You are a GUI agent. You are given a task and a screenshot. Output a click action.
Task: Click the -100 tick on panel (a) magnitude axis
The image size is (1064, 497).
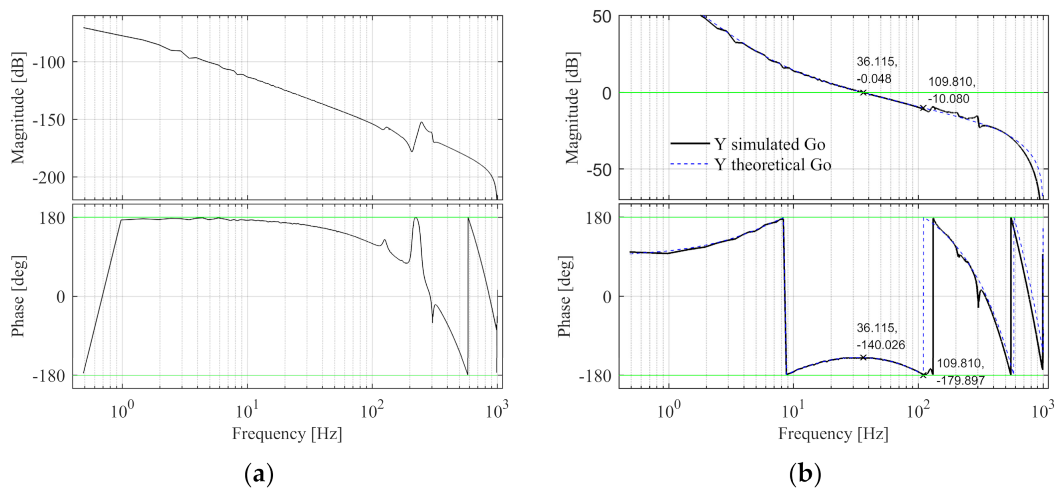click(x=49, y=62)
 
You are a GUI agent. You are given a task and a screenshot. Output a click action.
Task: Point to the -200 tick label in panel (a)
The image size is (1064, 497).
click(x=49, y=177)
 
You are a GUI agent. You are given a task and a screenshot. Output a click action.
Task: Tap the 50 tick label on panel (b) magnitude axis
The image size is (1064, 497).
click(x=601, y=17)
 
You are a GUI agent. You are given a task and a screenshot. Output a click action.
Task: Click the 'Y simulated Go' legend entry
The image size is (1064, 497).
click(x=769, y=145)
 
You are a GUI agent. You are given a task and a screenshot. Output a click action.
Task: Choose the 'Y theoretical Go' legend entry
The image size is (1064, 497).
click(x=772, y=165)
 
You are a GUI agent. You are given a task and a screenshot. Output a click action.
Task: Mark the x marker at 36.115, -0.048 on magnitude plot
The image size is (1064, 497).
click(x=863, y=93)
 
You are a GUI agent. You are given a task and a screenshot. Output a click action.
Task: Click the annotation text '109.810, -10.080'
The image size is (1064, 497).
click(x=951, y=90)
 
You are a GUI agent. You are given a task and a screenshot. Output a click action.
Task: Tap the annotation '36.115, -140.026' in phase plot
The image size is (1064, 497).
click(x=880, y=336)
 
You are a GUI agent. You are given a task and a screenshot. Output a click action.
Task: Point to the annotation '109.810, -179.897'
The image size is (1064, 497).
click(x=960, y=372)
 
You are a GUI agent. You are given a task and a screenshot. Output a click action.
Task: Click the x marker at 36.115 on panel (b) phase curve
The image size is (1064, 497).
click(x=863, y=357)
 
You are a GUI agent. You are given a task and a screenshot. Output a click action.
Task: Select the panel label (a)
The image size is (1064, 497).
click(x=259, y=474)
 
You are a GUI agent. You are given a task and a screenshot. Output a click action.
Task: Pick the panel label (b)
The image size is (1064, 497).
click(x=805, y=474)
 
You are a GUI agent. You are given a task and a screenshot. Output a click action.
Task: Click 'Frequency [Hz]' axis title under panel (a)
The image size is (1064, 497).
click(x=287, y=434)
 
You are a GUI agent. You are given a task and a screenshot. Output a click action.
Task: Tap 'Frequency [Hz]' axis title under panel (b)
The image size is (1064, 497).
click(x=833, y=434)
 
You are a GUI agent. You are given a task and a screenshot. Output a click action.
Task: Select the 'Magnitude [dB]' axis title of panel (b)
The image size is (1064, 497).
click(x=573, y=108)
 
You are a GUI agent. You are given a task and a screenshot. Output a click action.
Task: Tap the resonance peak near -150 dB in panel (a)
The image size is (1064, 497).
click(x=422, y=122)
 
